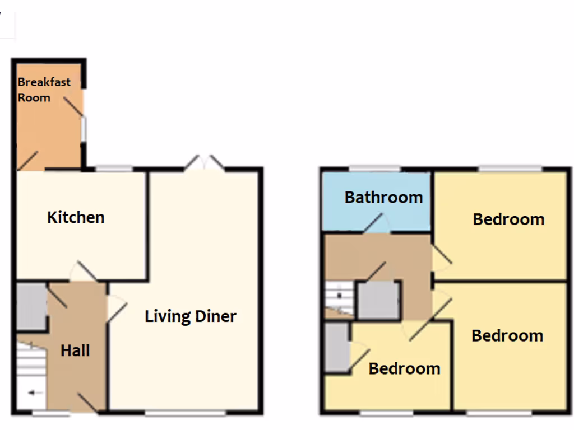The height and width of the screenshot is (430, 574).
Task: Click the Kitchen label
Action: click(x=76, y=217)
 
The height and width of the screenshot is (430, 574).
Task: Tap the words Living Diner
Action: click(x=191, y=316)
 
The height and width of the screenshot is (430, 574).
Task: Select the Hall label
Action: click(x=75, y=351)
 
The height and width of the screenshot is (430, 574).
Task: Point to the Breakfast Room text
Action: click(x=44, y=90)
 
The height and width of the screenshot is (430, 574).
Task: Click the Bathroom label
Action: click(x=383, y=198)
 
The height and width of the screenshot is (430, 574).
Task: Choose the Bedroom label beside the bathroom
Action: click(x=508, y=219)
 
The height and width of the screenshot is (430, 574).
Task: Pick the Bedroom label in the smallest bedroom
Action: click(x=404, y=369)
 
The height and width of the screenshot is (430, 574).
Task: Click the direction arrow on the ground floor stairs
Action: click(x=35, y=393)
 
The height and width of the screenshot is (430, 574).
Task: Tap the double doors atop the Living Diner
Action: click(x=205, y=163)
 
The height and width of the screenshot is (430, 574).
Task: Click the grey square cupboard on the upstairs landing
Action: click(x=379, y=300)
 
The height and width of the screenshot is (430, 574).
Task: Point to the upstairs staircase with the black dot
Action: click(x=339, y=297)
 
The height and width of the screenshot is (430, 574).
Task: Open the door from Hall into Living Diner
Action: click(x=117, y=309)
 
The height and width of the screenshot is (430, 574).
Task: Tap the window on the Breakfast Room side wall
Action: click(x=84, y=129)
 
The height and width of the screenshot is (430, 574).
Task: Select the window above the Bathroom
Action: click(x=376, y=169)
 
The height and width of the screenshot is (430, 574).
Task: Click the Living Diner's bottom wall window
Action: click(x=186, y=414)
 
